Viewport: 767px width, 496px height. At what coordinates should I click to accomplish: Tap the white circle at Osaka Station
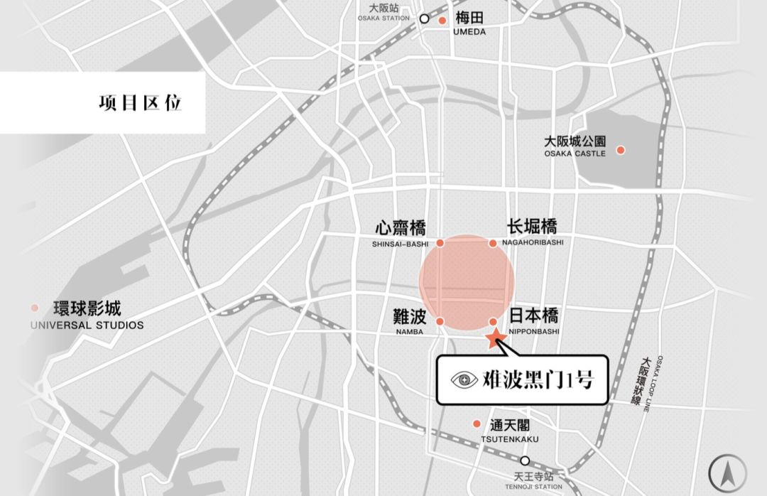[x=425, y=19]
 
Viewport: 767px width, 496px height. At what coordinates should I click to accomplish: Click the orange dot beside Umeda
[x=442, y=21]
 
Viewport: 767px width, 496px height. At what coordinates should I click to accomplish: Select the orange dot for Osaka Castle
[x=621, y=150]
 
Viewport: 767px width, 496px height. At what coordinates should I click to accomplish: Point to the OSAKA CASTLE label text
[x=575, y=153]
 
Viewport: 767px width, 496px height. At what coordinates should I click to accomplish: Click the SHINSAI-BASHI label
[x=400, y=244]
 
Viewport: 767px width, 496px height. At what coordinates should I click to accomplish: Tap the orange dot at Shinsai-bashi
[x=440, y=243]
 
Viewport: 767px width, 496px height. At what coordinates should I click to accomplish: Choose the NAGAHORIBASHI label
[x=532, y=242]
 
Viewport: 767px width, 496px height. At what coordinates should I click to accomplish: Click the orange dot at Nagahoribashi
[x=493, y=243]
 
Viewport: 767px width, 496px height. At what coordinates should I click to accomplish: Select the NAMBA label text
[x=409, y=332]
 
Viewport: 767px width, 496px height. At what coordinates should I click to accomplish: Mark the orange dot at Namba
[x=440, y=322]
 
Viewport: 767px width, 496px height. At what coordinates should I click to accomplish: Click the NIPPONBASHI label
[x=534, y=331]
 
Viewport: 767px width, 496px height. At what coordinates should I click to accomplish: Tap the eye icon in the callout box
[x=464, y=380]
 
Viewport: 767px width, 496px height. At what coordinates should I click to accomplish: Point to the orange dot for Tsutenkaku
[x=477, y=424]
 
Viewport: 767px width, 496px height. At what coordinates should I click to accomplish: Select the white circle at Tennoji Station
[x=525, y=460]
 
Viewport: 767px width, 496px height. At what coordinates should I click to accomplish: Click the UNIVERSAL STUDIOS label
[x=87, y=325]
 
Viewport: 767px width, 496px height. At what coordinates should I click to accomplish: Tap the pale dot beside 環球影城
[x=34, y=308]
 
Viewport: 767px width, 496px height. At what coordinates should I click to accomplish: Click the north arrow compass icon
[x=728, y=471]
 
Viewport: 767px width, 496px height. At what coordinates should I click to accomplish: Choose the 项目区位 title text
[x=140, y=102]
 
